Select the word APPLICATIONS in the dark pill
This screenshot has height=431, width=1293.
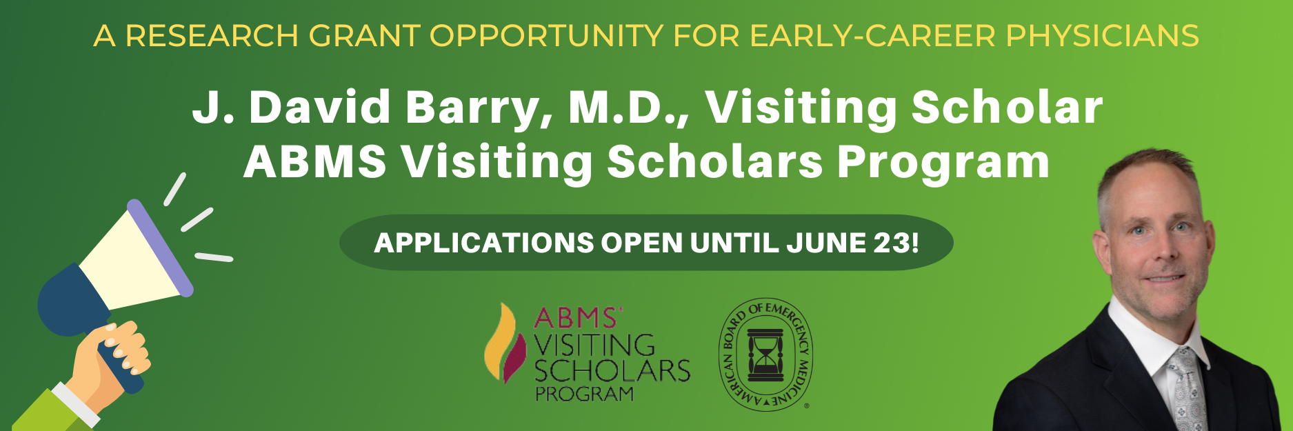(483, 243)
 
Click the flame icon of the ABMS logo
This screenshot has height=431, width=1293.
(501, 343)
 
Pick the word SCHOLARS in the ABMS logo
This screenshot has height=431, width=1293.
(612, 371)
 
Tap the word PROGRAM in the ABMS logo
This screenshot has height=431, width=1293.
(584, 394)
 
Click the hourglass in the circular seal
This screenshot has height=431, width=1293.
(765, 354)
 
